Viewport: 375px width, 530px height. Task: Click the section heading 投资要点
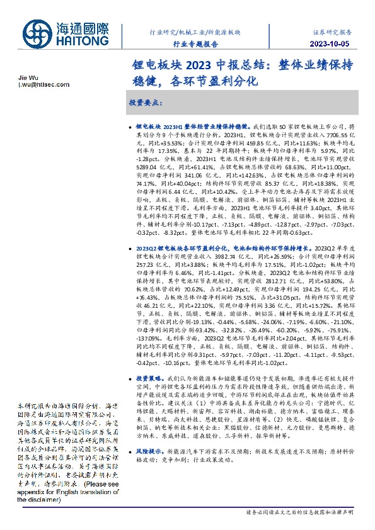tap(146, 101)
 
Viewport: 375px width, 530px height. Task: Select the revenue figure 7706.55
tap(337, 135)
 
